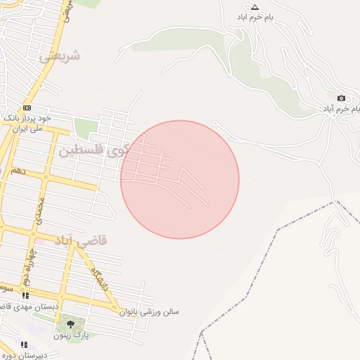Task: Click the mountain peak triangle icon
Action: pyautogui.click(x=255, y=6)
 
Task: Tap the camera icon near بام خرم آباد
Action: pyautogui.click(x=341, y=98)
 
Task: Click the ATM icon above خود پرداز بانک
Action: pyautogui.click(x=27, y=108)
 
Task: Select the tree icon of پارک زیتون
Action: pyautogui.click(x=70, y=324)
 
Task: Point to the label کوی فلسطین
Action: pyautogui.click(x=91, y=150)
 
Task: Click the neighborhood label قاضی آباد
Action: pyautogui.click(x=83, y=240)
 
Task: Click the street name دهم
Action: pyautogui.click(x=18, y=171)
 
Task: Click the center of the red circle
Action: pyautogui.click(x=180, y=179)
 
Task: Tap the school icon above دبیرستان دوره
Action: pyautogui.click(x=23, y=345)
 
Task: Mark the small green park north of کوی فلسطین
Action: pyautogui.click(x=85, y=129)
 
